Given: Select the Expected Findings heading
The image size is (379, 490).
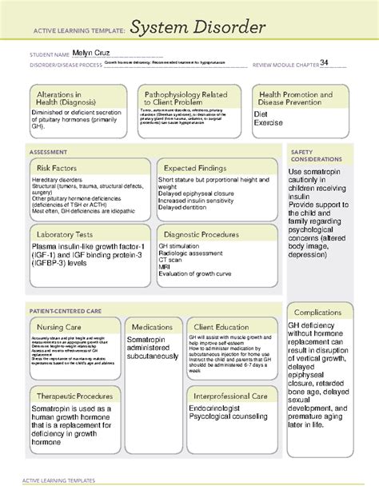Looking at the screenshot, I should pos(197,168).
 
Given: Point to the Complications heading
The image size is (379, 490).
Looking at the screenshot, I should pos(318,312).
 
